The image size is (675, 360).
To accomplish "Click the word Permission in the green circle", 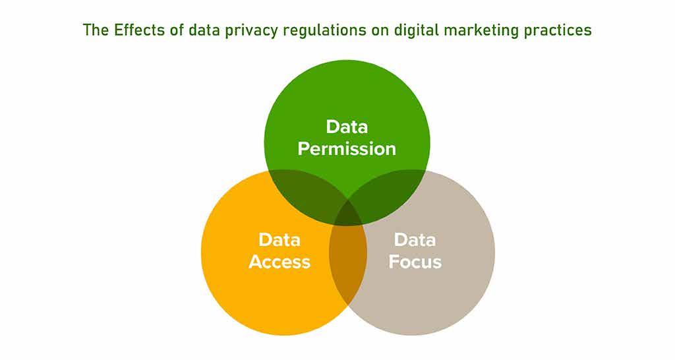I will [x=347, y=148].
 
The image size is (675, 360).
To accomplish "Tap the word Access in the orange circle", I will [x=279, y=262].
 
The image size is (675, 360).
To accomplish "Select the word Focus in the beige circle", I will [x=415, y=262].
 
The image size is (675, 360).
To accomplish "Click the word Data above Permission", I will [x=347, y=127].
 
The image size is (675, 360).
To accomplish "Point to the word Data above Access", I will [x=279, y=240].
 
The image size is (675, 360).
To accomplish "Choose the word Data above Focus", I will [x=415, y=240].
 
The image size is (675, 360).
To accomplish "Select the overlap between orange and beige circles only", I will [x=347, y=264].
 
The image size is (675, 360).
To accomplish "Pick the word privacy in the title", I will [x=239, y=30].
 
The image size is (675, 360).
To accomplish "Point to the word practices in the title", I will [x=554, y=30].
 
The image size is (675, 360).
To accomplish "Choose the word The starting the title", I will [x=94, y=30].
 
